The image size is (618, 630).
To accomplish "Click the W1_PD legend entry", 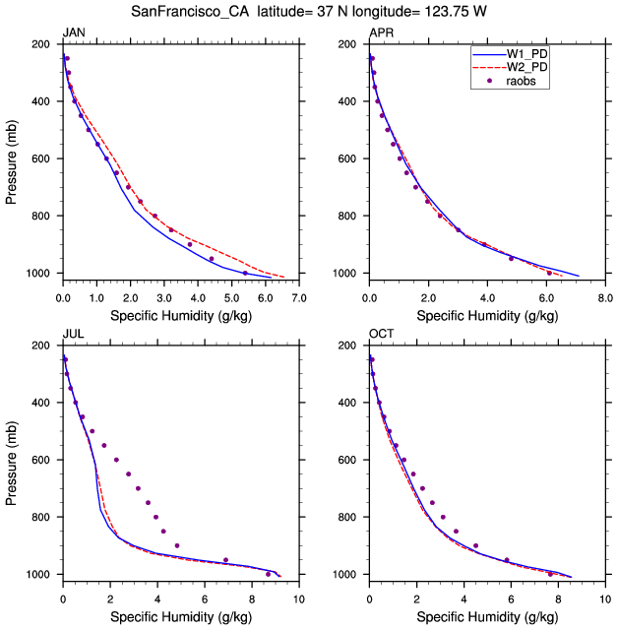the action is pyautogui.click(x=510, y=54).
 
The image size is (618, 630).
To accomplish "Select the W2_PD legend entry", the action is pyautogui.click(x=510, y=67).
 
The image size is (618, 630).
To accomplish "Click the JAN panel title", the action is pyautogui.click(x=74, y=32).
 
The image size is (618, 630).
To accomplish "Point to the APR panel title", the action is pyautogui.click(x=382, y=32).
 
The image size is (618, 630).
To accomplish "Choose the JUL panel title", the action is pyautogui.click(x=73, y=334).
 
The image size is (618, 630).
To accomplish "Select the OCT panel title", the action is pyautogui.click(x=382, y=334).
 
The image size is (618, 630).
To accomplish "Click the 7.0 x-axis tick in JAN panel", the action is pyautogui.click(x=299, y=298).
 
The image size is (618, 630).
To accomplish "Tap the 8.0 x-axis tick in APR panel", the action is pyautogui.click(x=605, y=298).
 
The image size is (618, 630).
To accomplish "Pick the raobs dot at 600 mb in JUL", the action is pyautogui.click(x=116, y=460).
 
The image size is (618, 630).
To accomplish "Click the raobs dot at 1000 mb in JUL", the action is pyautogui.click(x=269, y=574).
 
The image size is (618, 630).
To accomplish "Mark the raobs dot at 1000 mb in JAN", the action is pyautogui.click(x=245, y=274).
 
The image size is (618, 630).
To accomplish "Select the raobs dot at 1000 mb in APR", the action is pyautogui.click(x=549, y=274).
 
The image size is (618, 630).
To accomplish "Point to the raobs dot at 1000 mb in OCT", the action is pyautogui.click(x=550, y=574).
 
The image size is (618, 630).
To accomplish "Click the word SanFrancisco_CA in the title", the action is pyautogui.click(x=190, y=11).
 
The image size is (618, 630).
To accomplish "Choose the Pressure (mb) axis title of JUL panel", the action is pyautogui.click(x=11, y=464).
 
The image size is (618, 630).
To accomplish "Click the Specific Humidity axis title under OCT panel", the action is pyautogui.click(x=487, y=617).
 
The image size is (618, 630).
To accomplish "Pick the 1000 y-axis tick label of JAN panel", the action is pyautogui.click(x=38, y=274).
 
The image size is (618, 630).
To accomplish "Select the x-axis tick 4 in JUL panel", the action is pyautogui.click(x=157, y=599).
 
